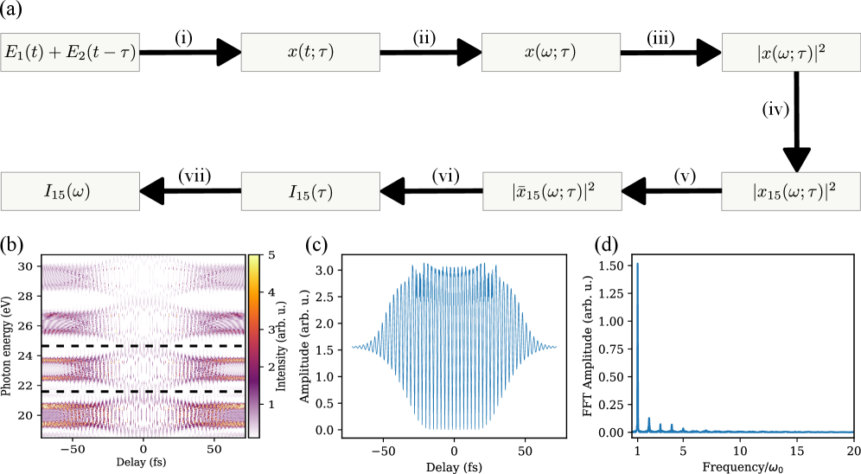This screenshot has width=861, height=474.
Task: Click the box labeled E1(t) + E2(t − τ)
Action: tap(69, 53)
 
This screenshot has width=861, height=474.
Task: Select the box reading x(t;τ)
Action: tap(310, 53)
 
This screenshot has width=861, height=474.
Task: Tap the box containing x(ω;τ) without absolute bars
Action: tap(551, 53)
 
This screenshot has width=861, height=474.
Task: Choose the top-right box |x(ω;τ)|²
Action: tap(791, 53)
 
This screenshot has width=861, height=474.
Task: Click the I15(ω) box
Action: tap(69, 191)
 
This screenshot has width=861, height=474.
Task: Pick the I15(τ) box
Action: tap(310, 191)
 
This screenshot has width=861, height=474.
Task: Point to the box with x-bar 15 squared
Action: tap(552, 191)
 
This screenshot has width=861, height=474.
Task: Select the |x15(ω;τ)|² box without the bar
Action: tap(791, 191)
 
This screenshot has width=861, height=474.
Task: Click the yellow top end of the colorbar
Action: tap(253, 259)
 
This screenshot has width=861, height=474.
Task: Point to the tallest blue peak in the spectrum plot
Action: tap(638, 264)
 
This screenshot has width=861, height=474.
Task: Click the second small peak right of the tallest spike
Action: tap(660, 425)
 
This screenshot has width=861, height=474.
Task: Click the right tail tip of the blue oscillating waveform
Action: tap(554, 347)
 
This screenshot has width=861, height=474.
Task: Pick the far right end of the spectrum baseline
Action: tap(851, 432)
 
